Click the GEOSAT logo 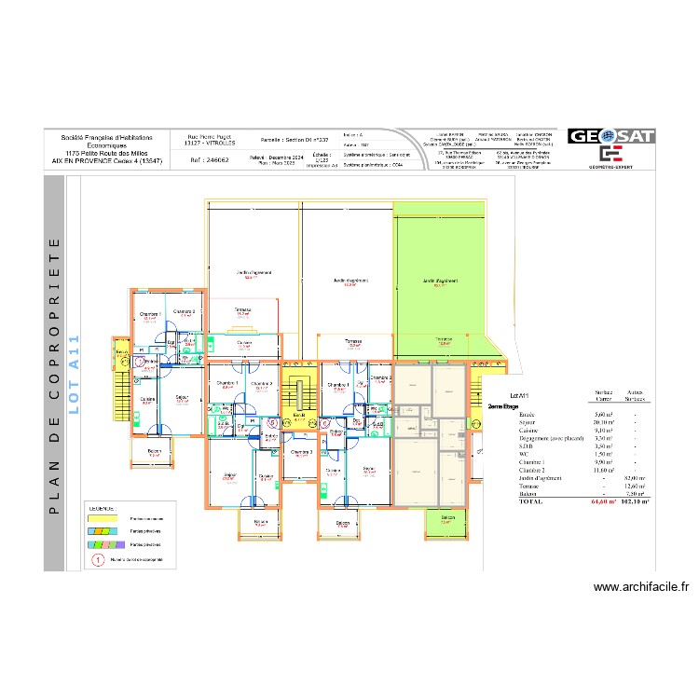(x=610, y=137)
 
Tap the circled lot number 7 (x=140, y=359)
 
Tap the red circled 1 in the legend (x=96, y=561)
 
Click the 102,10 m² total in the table (x=635, y=500)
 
